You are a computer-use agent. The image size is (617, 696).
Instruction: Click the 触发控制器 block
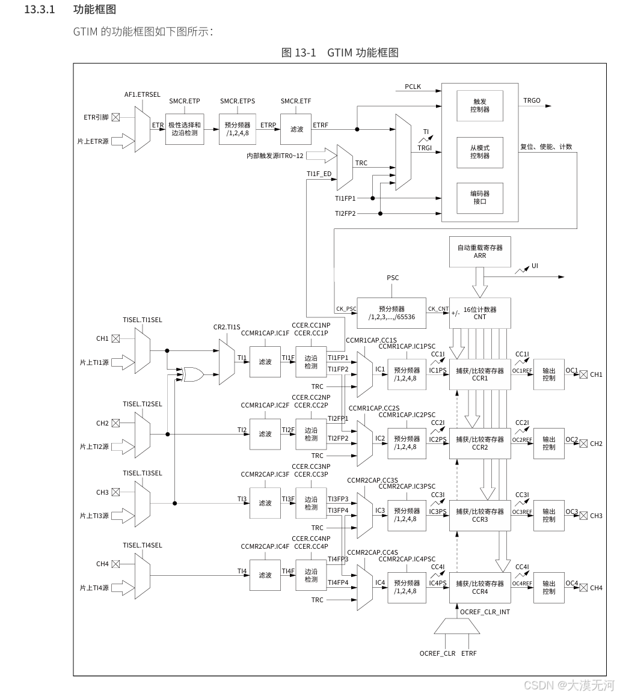tap(479, 106)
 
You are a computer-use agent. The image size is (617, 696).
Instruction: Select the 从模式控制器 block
tap(479, 152)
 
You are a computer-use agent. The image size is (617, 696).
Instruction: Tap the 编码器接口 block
tap(479, 198)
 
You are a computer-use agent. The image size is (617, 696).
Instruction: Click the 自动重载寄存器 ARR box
tap(479, 252)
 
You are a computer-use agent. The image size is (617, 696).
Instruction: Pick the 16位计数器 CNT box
tap(479, 313)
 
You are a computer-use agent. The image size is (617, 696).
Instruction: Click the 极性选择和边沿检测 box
tap(184, 129)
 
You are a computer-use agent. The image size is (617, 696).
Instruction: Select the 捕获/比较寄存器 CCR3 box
tap(479, 516)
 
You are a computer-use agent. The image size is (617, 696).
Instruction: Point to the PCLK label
tap(413, 87)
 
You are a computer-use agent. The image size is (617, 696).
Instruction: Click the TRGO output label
tap(532, 100)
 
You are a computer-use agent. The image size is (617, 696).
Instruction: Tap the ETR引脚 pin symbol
tap(115, 117)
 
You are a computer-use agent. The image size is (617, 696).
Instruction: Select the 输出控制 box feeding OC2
tap(548, 444)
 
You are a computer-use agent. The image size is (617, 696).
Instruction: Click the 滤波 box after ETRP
tap(296, 129)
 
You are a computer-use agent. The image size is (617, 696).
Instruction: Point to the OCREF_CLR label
tap(437, 653)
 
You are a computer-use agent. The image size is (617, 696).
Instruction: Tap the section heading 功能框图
tap(94, 10)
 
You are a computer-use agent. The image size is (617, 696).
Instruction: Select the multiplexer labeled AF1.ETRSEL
tap(142, 129)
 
